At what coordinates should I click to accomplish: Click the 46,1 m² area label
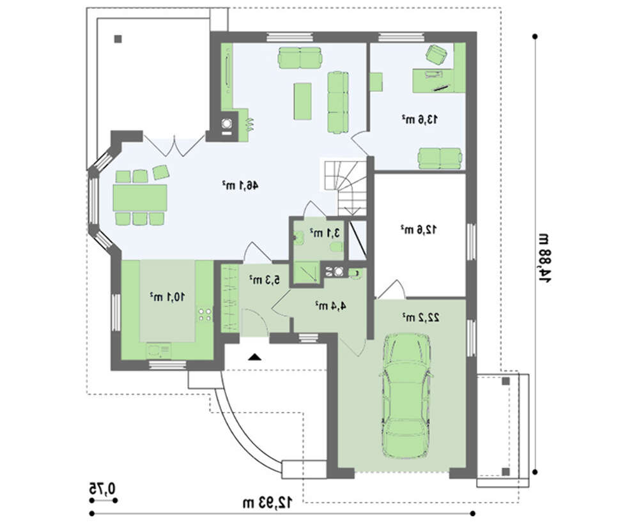coord(240,186)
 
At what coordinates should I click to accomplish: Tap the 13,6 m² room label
coord(420,119)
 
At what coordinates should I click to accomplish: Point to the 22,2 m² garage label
coord(421,317)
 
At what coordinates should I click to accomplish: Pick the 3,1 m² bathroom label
coord(325,233)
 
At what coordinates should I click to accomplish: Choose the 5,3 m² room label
coord(265,279)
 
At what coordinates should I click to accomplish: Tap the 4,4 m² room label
coord(330,305)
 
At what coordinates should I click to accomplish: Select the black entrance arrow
coord(255,357)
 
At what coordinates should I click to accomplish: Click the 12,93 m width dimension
coord(268,503)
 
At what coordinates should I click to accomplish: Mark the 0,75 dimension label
coord(102,488)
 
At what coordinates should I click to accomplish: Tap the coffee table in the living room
coord(303,101)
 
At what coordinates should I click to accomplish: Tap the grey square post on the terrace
coord(118,39)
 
